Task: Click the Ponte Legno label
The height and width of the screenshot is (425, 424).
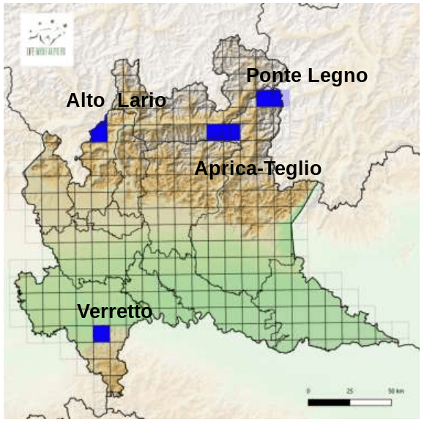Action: [x=306, y=75]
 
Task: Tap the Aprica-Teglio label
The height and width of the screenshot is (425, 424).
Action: [x=258, y=169]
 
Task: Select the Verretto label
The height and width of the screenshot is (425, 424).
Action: [x=114, y=311]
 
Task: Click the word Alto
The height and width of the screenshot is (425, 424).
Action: [x=86, y=101]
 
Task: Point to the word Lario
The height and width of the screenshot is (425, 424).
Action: [x=141, y=101]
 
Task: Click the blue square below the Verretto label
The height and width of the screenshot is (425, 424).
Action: [x=101, y=334]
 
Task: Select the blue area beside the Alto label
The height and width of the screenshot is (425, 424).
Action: [x=100, y=133]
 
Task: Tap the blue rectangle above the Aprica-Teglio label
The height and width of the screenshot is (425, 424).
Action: [x=223, y=132]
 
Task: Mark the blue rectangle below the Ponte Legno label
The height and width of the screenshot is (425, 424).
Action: [x=269, y=99]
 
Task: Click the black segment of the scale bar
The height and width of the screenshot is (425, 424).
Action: [x=329, y=402]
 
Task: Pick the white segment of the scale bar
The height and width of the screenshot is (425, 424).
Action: [x=371, y=402]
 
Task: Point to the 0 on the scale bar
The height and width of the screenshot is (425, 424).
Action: [x=308, y=391]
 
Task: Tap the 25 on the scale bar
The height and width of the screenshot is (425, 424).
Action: [x=350, y=391]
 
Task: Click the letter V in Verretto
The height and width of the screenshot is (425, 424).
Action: [x=83, y=311]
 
